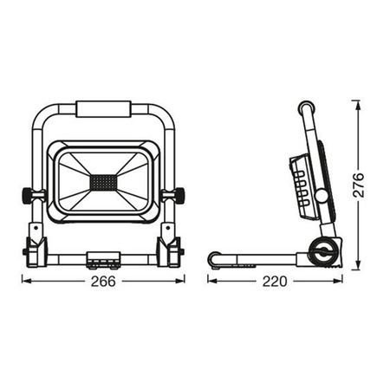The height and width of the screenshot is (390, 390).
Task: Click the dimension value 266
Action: [102, 282]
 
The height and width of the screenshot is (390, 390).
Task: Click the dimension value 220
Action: [275, 282]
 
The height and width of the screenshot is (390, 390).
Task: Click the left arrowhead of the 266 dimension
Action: [24, 281]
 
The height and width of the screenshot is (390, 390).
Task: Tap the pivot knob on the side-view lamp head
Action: [321, 197]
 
